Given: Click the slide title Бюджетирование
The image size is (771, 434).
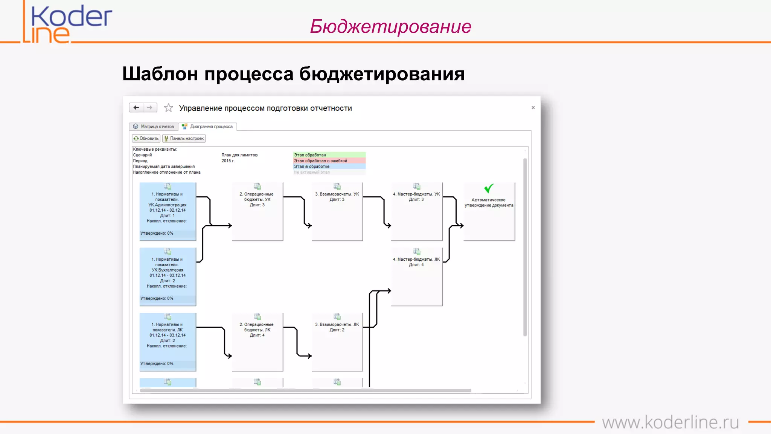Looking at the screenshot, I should point(390,26).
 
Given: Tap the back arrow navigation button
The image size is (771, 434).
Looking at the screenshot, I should point(136,108).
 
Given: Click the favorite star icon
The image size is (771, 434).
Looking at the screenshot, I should point(168,108).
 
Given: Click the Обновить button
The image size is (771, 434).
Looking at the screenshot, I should point(146,139).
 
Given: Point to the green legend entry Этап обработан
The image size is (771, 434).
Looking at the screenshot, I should point(329,155).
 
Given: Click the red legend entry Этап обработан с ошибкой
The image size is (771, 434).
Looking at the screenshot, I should point(329,160).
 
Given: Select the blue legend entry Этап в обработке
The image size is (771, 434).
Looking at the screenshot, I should point(329,167).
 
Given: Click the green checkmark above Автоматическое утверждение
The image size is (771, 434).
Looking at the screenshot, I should point(489,188).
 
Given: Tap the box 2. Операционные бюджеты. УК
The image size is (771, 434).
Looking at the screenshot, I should point(257,211).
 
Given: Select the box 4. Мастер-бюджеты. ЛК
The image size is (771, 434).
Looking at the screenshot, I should point(416,277).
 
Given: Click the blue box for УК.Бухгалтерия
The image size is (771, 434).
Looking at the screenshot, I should point(168,277).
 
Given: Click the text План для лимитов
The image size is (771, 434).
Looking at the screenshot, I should point(239,155).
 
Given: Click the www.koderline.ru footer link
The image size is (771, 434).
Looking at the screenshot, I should point(670,422).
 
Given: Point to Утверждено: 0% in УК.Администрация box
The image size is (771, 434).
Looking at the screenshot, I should point(157,233).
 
